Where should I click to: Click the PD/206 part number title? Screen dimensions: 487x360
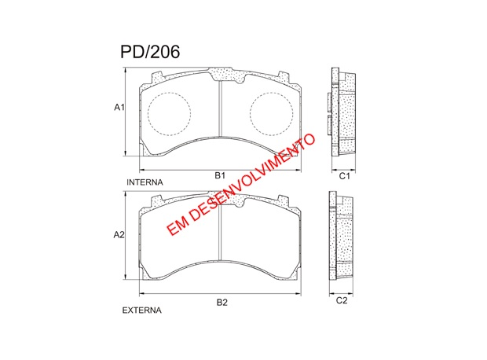click(x=150, y=52)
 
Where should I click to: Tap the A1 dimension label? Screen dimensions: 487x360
click(x=119, y=108)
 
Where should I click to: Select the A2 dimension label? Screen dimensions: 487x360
click(x=119, y=235)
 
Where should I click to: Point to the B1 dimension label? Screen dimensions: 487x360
click(x=220, y=175)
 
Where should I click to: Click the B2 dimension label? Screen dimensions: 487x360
click(x=222, y=302)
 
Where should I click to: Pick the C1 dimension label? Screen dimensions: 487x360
click(x=344, y=176)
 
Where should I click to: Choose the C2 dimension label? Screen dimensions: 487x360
click(x=342, y=300)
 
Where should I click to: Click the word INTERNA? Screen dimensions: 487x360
click(x=145, y=182)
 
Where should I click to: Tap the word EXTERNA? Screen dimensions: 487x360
click(x=142, y=310)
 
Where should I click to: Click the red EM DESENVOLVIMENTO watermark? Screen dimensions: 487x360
click(x=240, y=185)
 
